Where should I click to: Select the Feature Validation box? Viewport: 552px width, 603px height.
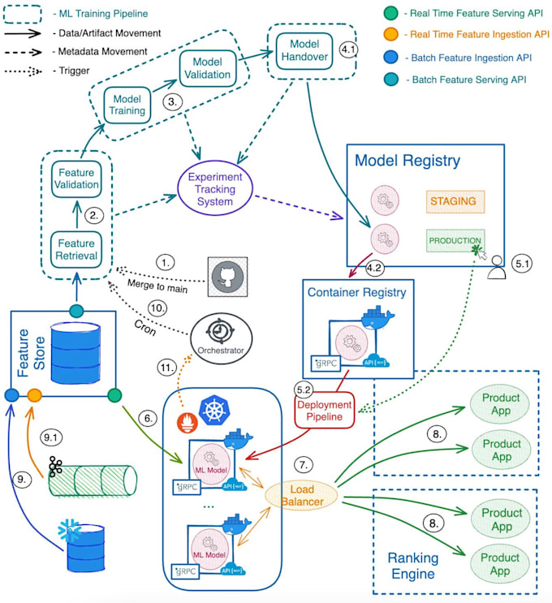coord(76,178)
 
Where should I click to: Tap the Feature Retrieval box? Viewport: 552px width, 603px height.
coord(76,249)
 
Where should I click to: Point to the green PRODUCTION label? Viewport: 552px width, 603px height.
coord(454,241)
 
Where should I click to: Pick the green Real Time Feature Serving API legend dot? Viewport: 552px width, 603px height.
coord(392,15)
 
